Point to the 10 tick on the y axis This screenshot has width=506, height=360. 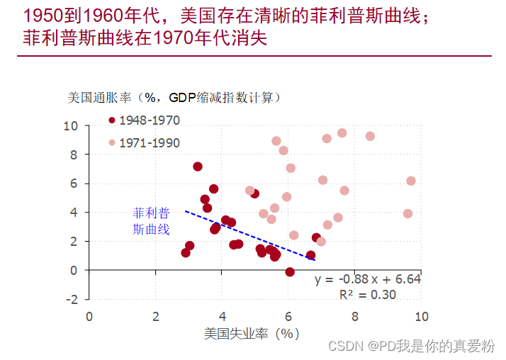coord(70,125)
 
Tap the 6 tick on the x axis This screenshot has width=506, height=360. coord(288,315)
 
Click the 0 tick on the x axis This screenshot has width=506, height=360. coord(89,315)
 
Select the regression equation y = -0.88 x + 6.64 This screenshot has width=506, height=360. coord(368,279)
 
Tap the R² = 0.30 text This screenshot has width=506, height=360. coord(368,295)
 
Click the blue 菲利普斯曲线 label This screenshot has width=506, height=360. coord(152,220)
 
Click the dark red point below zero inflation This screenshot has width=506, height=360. coord(290,272)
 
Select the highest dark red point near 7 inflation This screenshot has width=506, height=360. coord(198,167)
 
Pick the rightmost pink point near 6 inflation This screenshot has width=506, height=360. coord(411,181)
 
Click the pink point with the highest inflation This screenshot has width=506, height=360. coord(342,133)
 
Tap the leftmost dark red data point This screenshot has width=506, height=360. coord(186,253)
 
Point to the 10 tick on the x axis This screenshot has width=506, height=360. coord(421,315)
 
